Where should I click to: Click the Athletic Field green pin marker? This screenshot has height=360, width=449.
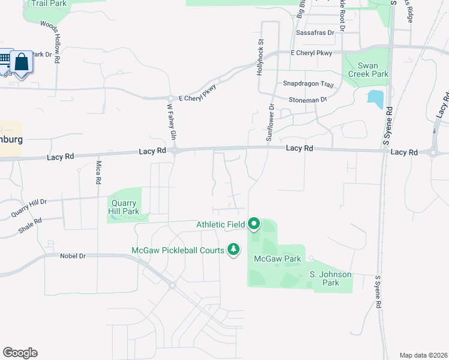(x=253, y=224)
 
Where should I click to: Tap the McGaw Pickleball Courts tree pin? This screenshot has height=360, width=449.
(x=234, y=250)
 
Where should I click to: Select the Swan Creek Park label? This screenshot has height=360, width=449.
(x=365, y=70)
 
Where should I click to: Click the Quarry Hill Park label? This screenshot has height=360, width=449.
(x=124, y=207)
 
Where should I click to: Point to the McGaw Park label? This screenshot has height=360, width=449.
(x=268, y=259)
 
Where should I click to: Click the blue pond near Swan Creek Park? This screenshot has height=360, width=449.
(x=375, y=99)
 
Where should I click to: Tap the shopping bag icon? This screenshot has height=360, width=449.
(x=22, y=62)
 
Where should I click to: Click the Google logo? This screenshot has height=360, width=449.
(x=20, y=353)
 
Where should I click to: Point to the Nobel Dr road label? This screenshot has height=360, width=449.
(x=73, y=256)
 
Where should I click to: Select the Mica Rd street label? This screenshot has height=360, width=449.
(x=98, y=173)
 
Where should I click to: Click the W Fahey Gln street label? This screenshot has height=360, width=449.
(x=171, y=122)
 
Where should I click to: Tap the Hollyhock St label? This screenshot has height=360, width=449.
(x=261, y=58)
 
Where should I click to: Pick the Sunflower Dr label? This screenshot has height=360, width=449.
(x=270, y=122)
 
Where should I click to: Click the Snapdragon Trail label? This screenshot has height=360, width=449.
(x=308, y=85)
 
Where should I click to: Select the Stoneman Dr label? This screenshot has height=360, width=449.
(x=308, y=99)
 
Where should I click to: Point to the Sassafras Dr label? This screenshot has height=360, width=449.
(x=315, y=32)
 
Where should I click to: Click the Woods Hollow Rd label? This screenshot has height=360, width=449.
(x=50, y=42)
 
